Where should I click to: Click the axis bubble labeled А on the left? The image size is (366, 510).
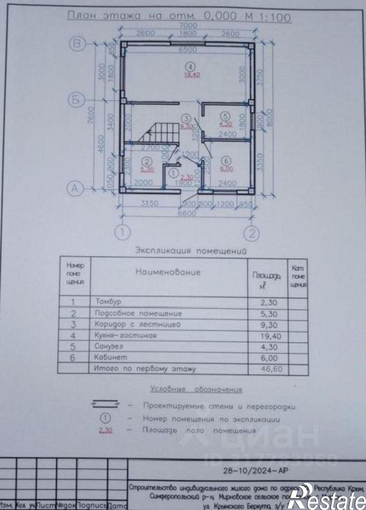75,189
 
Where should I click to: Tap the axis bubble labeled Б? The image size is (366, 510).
76,100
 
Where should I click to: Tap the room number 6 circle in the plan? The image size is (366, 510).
227,161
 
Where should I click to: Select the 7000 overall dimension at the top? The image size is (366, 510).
188,25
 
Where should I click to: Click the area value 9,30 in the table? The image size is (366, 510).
269,325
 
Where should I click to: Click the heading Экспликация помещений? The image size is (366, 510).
191,251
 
